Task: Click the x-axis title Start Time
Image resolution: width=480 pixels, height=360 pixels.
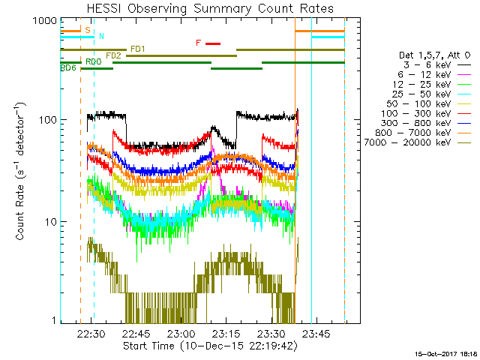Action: [x=209, y=346]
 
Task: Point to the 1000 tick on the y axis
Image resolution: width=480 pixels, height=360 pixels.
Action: [x=44, y=22]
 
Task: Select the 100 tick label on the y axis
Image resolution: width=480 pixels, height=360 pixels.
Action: [x=47, y=120]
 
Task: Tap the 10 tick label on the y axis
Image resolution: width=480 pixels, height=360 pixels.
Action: [x=49, y=222]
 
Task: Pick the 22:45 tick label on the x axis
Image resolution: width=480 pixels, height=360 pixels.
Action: [x=136, y=334]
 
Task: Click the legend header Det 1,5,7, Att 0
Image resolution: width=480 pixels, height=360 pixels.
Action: [x=434, y=55]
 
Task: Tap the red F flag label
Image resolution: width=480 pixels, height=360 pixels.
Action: [x=198, y=43]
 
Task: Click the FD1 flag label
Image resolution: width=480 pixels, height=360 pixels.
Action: [x=138, y=49]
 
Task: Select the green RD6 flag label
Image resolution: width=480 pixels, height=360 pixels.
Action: [x=67, y=68]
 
